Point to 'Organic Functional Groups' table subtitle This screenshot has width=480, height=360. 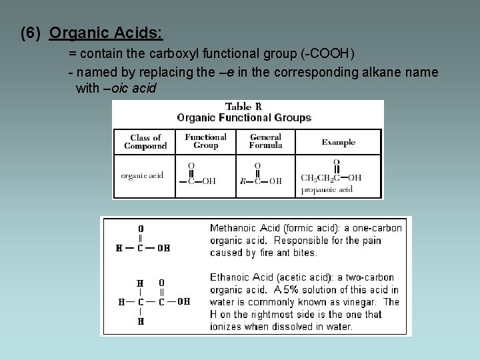244,117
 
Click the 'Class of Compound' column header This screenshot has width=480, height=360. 145,141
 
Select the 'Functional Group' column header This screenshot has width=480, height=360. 205,141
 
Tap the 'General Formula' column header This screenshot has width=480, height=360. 265,141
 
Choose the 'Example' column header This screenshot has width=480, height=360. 338,142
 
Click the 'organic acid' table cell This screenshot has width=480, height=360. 142,175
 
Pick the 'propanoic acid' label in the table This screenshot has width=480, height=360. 327,189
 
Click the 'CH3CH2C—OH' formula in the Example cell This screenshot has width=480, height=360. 331,178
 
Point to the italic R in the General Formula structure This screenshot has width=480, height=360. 243,181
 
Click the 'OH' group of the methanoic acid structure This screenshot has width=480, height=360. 163,248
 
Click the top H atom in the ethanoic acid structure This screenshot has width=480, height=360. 141,283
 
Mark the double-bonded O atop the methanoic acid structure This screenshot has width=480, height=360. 141,228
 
